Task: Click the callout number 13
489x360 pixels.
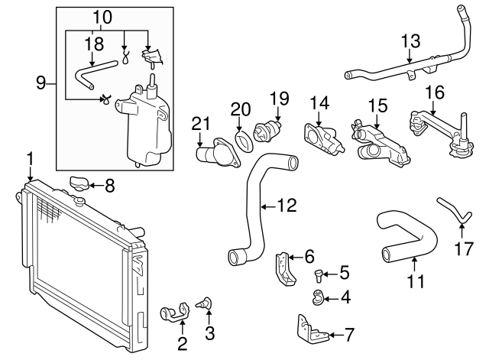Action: click(x=410, y=39)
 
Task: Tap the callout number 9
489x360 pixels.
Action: click(x=41, y=83)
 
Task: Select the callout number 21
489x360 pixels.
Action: click(x=201, y=124)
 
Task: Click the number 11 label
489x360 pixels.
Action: click(x=414, y=281)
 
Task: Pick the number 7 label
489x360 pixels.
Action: click(x=349, y=334)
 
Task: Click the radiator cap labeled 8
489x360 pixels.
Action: click(x=79, y=183)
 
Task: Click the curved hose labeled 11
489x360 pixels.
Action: click(x=404, y=237)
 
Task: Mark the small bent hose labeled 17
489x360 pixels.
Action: click(x=451, y=209)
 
